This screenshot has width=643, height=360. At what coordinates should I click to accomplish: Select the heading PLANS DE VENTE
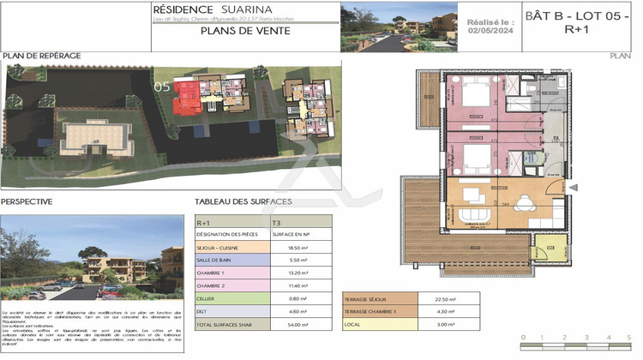click(x=244, y=30)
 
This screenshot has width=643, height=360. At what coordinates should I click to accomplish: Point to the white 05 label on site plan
click(x=161, y=87)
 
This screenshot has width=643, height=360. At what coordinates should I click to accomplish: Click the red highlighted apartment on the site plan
click(x=186, y=96)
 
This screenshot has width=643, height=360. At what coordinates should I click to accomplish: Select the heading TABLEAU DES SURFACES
click(x=243, y=201)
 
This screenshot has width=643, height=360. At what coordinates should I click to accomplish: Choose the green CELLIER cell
click(x=231, y=299)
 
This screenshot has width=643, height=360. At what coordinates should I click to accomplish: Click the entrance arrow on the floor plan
click(x=574, y=188)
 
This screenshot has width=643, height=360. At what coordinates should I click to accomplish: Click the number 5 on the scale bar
click(x=631, y=338)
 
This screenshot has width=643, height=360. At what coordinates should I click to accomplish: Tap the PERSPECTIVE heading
click(x=27, y=201)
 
